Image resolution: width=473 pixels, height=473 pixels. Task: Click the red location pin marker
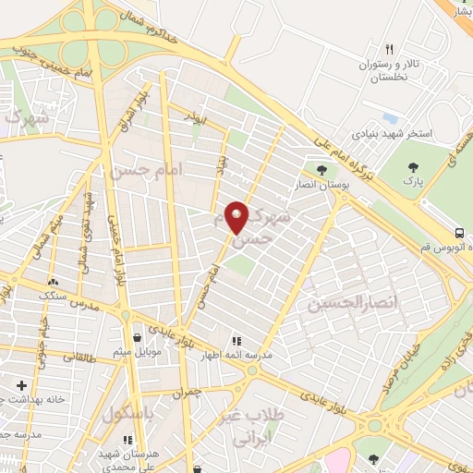tap(237, 216)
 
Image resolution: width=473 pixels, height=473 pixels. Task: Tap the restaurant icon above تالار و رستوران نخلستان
tap(389, 49)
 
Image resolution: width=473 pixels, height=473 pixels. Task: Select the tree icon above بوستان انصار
tap(321, 171)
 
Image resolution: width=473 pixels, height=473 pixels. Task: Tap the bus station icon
tap(460, 232)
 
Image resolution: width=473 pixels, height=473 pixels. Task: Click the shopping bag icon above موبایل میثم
tap(138, 337)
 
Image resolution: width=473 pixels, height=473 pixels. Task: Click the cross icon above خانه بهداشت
tap(21, 384)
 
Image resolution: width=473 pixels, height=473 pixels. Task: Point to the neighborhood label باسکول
tap(129, 410)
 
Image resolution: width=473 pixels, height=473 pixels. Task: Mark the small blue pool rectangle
tap(390, 118)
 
